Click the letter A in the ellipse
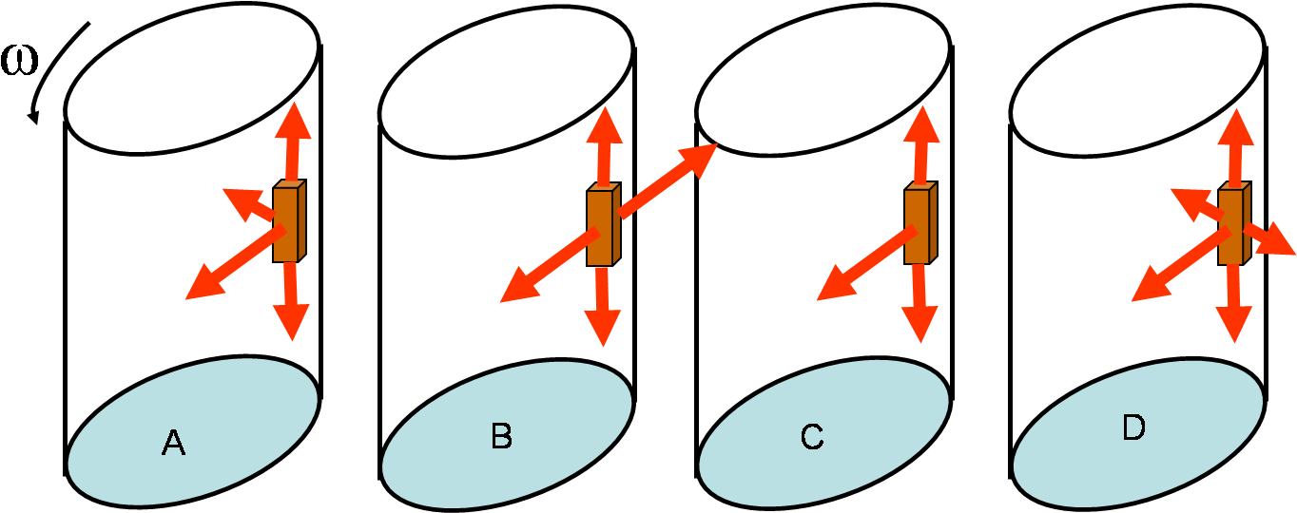coord(173,443)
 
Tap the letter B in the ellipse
coord(501,436)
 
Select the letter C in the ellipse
coord(811,437)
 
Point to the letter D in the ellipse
coord(1133,428)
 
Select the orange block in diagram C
coord(918,224)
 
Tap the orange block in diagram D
coord(1232,225)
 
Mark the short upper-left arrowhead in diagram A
coord(236,199)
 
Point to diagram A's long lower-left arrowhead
coord(203,286)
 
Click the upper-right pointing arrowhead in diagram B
coord(699,158)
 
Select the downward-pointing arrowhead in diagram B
coord(603,329)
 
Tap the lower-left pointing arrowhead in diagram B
coord(517,289)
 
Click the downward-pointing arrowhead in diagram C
coord(920,325)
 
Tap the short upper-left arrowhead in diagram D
coord(1184,199)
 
